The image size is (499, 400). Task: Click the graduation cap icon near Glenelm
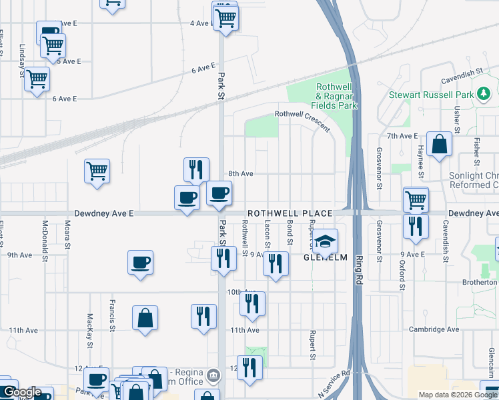(x=326, y=241)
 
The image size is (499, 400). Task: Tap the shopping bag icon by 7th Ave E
(x=440, y=145)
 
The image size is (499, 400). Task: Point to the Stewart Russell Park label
(x=432, y=95)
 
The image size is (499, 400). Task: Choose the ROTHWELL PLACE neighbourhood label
(x=290, y=213)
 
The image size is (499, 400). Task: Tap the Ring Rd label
(x=358, y=267)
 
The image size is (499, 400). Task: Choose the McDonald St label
(x=45, y=235)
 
